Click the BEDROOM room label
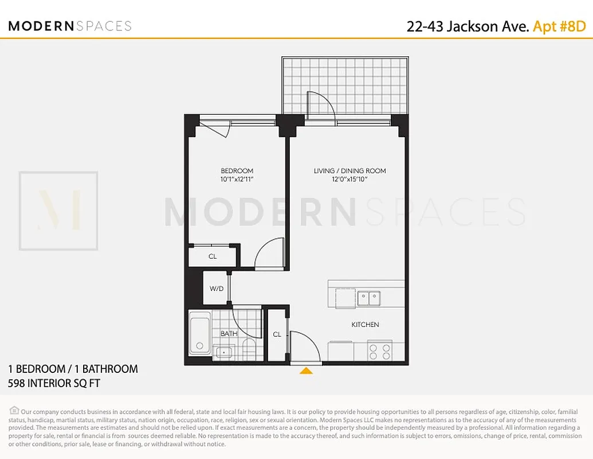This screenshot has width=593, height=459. click(237, 171)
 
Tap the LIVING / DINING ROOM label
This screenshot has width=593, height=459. click(349, 171)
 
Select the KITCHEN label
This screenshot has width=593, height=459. click(365, 325)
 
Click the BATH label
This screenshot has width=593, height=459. click(229, 333)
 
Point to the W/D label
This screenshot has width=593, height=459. click(216, 289)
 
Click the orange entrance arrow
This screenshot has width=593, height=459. click(307, 371)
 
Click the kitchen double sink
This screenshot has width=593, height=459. click(367, 298)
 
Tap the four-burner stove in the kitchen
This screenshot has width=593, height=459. click(379, 351)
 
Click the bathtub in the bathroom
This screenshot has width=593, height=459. click(200, 334)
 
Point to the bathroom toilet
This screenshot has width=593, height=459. click(249, 348)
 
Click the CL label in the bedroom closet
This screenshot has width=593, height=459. click(213, 256)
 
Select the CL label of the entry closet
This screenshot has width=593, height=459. click(277, 334)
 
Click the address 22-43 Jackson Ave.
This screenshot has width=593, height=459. click(468, 26)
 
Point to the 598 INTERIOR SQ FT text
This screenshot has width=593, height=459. click(54, 383)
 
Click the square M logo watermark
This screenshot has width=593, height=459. click(58, 211)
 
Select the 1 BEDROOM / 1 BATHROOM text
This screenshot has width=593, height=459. click(73, 369)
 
